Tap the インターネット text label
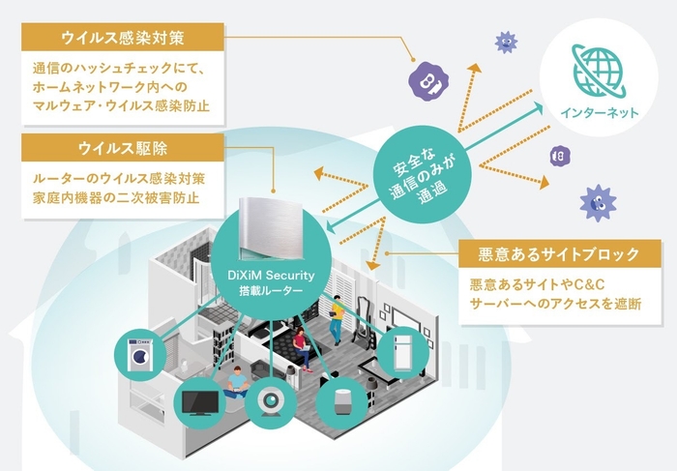point(599,113)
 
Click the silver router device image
point(263,230)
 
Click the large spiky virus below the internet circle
point(597,202)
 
